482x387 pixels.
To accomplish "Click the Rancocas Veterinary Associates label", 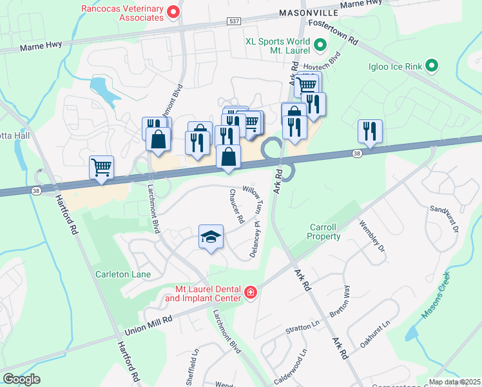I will pos(122,13).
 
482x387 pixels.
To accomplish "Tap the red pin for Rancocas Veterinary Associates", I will pos(173,12).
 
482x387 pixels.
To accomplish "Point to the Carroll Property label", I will pos(325,232).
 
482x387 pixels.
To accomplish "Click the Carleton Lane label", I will pos(124,275).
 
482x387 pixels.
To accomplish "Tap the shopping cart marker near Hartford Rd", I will pos(102,168).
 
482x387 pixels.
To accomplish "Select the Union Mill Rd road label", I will pos(149,320).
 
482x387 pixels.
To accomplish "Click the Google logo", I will pos(21,379).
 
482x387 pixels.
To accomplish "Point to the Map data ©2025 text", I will pos(454,382).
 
